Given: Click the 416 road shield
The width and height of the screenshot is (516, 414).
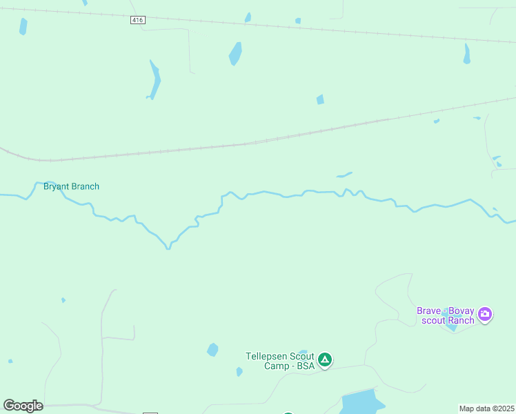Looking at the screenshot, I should pyautogui.click(x=137, y=21).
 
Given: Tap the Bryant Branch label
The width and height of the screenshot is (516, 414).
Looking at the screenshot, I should pyautogui.click(x=71, y=186).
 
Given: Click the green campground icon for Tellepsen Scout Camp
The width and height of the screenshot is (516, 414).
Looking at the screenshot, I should pyautogui.click(x=325, y=359).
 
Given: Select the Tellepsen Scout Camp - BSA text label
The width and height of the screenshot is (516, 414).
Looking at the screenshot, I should pyautogui.click(x=281, y=361).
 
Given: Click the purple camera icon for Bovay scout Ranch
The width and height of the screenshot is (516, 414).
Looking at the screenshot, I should pyautogui.click(x=485, y=315).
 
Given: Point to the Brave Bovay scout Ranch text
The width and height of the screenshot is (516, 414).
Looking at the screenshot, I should pyautogui.click(x=446, y=315).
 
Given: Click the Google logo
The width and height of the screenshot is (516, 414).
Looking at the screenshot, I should pyautogui.click(x=23, y=406).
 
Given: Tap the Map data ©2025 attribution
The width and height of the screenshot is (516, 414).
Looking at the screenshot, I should pyautogui.click(x=486, y=408).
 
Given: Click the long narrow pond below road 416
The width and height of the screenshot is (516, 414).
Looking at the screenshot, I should pyautogui.click(x=155, y=80).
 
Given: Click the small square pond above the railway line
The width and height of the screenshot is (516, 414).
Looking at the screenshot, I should pyautogui.click(x=320, y=99).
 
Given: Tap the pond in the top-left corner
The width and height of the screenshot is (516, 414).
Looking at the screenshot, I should pyautogui.click(x=23, y=26).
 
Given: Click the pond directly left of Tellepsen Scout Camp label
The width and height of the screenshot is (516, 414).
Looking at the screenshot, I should pyautogui.click(x=212, y=350).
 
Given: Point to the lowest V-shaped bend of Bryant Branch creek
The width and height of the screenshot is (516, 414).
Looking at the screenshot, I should pyautogui.click(x=168, y=246).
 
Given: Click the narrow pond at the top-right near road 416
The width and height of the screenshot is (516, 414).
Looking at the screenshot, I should pyautogui.click(x=467, y=55).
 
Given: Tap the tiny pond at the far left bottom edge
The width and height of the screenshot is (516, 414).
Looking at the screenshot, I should pyautogui.click(x=10, y=361).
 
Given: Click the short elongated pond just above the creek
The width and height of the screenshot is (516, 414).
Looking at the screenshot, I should pyautogui.click(x=344, y=175).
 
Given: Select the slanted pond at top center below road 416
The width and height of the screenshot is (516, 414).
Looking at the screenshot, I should pyautogui.click(x=235, y=53).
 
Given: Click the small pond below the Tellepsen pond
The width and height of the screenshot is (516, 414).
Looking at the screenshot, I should pyautogui.click(x=239, y=371).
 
